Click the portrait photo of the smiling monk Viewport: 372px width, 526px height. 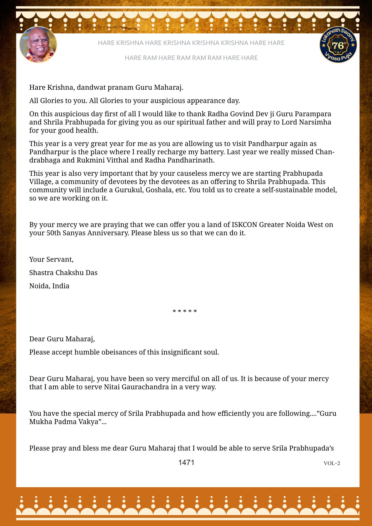pyautogui.click(x=38, y=45)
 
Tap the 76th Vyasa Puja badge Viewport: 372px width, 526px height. pyautogui.click(x=338, y=45)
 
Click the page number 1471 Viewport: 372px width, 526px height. pyautogui.click(x=186, y=463)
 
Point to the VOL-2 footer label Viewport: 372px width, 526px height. pyautogui.click(x=332, y=463)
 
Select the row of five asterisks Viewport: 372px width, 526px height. pyautogui.click(x=185, y=311)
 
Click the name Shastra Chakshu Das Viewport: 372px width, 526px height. pyautogui.click(x=63, y=273)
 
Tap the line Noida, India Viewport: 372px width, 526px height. pyautogui.click(x=49, y=286)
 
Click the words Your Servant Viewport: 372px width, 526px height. pyautogui.click(x=51, y=259)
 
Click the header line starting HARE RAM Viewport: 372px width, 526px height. pyautogui.click(x=191, y=58)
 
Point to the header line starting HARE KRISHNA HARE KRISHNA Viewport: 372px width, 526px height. pyautogui.click(x=191, y=43)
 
